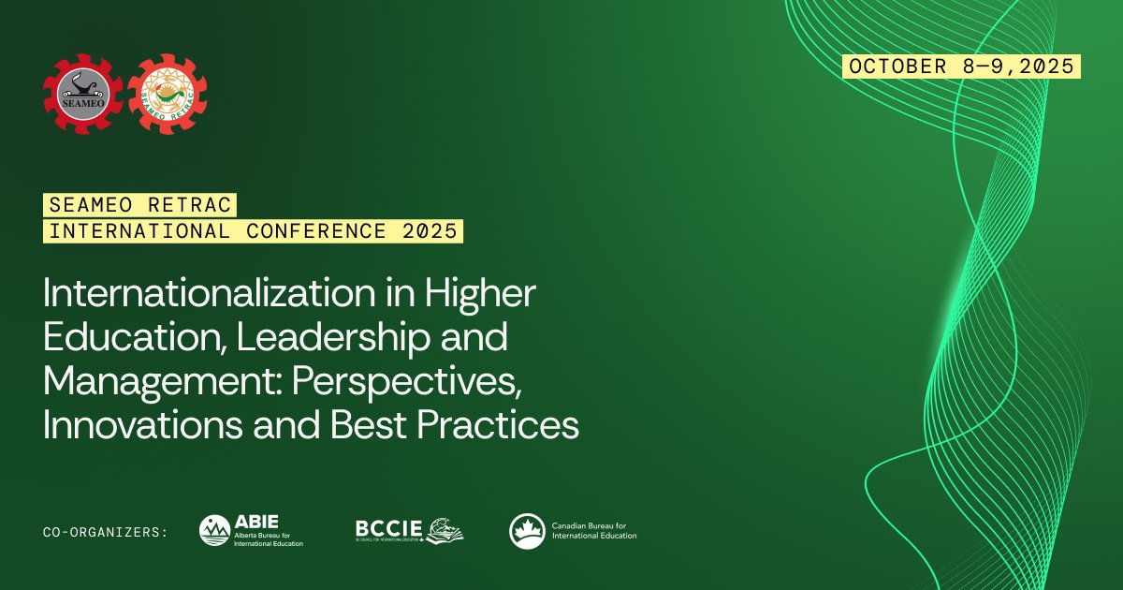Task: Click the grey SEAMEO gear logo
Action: (x=82, y=94)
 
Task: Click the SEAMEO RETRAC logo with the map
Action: (x=168, y=94)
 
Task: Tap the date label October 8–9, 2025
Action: (x=962, y=66)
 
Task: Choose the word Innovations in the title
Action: (x=135, y=425)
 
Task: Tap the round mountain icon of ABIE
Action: (x=214, y=531)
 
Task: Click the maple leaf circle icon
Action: (x=527, y=531)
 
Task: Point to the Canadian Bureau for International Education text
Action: (x=594, y=531)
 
